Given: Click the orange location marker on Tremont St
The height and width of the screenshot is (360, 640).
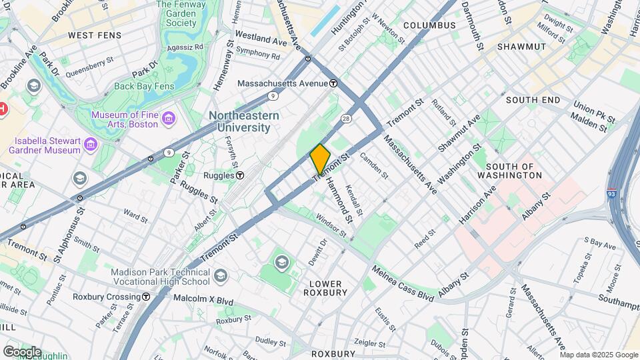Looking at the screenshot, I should point(320,159).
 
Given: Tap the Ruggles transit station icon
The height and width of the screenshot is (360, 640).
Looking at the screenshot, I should point(240,175).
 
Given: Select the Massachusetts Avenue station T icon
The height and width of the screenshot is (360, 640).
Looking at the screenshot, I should point(333,83).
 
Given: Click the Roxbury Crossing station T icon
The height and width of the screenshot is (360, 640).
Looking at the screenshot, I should point(145,297).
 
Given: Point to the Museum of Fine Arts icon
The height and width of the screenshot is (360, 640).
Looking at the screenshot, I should point(170,119).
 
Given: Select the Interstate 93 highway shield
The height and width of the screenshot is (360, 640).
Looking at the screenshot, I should point(611,193).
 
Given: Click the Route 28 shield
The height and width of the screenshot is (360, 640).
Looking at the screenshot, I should point(346,118).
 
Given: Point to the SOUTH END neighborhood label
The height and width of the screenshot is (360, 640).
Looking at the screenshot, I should point(533,99).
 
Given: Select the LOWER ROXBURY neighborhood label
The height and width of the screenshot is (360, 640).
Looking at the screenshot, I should point(325,287).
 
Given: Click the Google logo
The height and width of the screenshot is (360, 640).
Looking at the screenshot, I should point(22,351).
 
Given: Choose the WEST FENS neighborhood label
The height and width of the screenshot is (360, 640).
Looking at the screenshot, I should point(95,35).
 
